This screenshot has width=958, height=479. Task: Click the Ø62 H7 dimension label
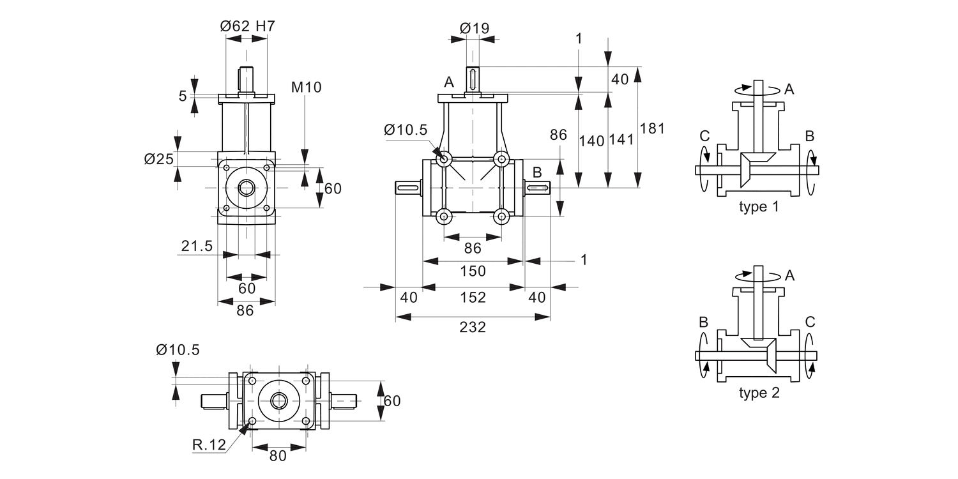tap(247, 26)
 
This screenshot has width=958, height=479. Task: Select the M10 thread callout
tap(307, 87)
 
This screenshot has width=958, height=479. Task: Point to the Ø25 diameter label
tap(159, 158)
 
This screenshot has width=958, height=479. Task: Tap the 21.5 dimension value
tap(196, 246)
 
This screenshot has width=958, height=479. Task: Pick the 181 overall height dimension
tap(652, 128)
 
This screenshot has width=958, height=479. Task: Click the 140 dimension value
tap(591, 141)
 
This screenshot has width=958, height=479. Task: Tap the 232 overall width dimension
tap(473, 327)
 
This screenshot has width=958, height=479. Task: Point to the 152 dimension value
tap(473, 297)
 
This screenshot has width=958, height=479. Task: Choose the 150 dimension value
tap(473, 270)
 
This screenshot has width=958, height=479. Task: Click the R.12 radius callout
tap(209, 445)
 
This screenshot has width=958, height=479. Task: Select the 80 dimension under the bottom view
tap(278, 455)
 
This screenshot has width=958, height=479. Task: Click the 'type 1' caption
tap(759, 207)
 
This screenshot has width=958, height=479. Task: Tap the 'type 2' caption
tap(759, 393)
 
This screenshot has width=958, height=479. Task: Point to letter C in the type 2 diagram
tap(810, 322)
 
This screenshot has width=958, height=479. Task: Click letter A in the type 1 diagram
tap(789, 89)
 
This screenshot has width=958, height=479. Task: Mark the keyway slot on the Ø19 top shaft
tap(473, 79)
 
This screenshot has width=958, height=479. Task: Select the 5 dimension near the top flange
tap(183, 96)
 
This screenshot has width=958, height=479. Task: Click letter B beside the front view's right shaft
tap(537, 171)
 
